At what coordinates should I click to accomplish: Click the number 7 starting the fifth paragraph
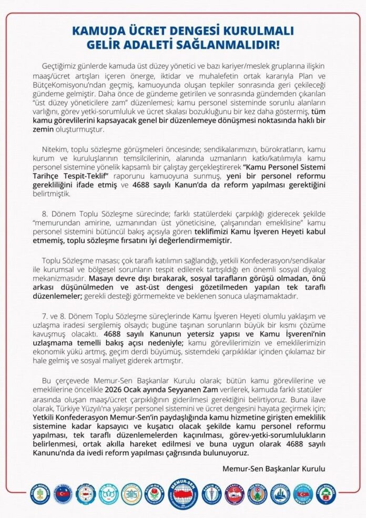point(44,314)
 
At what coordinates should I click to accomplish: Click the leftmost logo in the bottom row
point(40,494)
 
